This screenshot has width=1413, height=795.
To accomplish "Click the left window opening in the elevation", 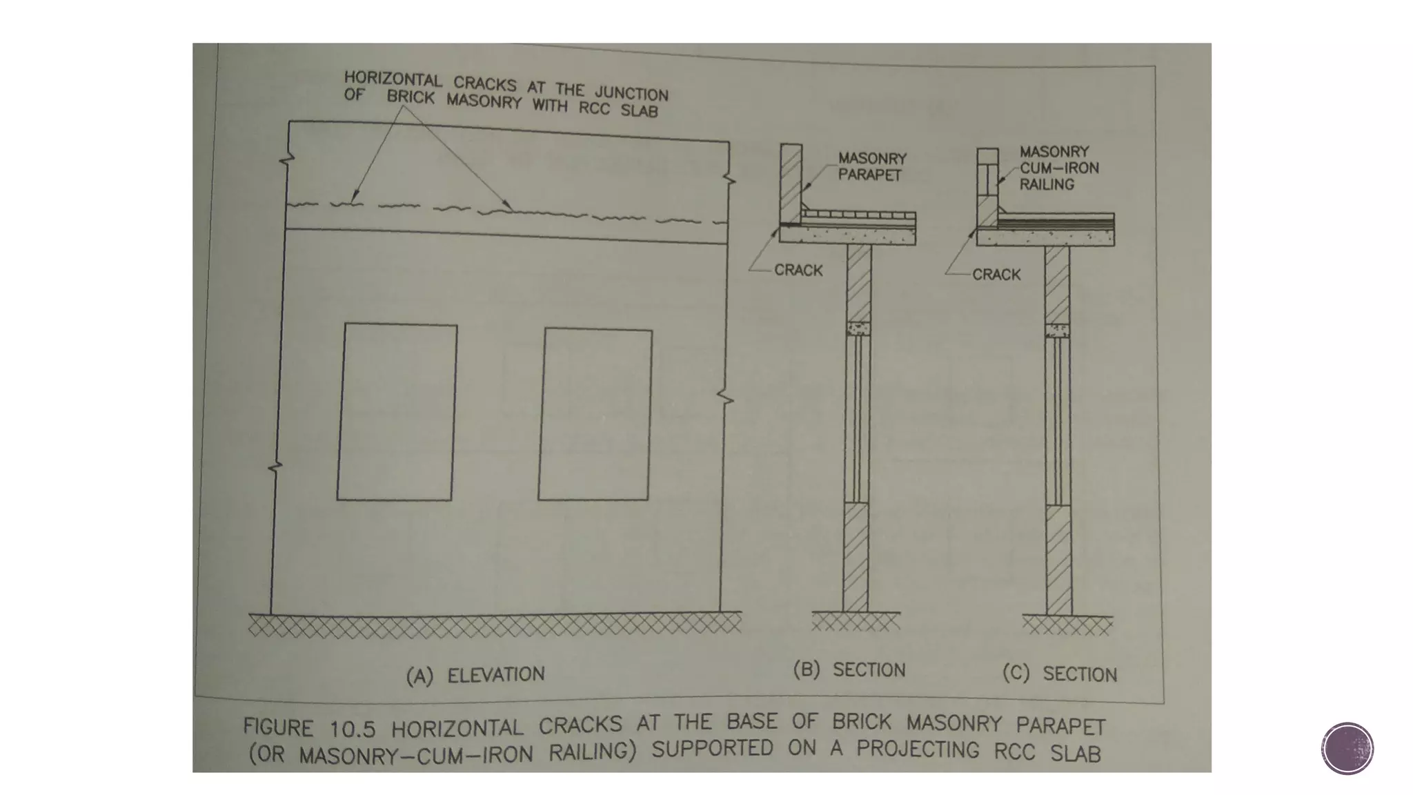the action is [x=397, y=412].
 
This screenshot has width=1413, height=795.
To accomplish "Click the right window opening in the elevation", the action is [x=595, y=415].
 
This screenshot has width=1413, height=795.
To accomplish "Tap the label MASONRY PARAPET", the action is [x=872, y=166].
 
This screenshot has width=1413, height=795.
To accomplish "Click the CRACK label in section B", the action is [x=798, y=270].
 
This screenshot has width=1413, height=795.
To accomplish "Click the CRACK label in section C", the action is [x=996, y=275].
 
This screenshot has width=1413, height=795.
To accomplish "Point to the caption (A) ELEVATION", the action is [x=475, y=675].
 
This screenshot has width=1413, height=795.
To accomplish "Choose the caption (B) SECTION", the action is [x=849, y=669].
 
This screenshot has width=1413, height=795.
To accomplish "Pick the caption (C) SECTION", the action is [x=1059, y=674].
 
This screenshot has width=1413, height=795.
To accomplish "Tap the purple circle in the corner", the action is [x=1347, y=748].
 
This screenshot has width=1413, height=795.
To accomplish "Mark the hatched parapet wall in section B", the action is [x=791, y=183].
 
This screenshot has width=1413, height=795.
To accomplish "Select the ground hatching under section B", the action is [x=856, y=622].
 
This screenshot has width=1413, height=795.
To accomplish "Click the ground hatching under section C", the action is [x=1067, y=626].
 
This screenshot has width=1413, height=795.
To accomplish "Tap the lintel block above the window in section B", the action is [x=858, y=328].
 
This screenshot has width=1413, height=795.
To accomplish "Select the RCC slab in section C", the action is [x=1045, y=238].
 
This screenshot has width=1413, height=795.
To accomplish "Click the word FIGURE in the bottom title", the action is [x=278, y=727].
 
